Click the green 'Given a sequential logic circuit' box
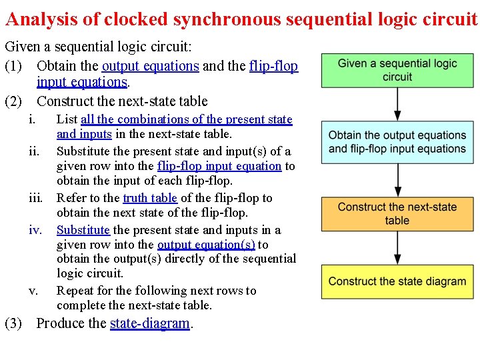[x=397, y=71]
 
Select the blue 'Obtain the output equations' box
[x=397, y=142]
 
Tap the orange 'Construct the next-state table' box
[x=397, y=213]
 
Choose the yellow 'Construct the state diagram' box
[x=397, y=281]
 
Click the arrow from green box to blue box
[x=398, y=104]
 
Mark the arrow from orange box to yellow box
[x=398, y=248]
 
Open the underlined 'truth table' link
[x=150, y=198]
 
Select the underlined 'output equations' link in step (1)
[x=150, y=66]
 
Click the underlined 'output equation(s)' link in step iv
[x=206, y=245]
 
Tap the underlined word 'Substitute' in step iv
[x=83, y=230]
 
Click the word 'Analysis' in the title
[x=42, y=19]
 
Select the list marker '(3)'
[x=14, y=323]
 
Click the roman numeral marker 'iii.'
[x=36, y=198]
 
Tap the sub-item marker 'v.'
[x=33, y=291]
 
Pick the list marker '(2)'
[x=14, y=101]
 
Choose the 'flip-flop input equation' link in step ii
[x=219, y=166]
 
